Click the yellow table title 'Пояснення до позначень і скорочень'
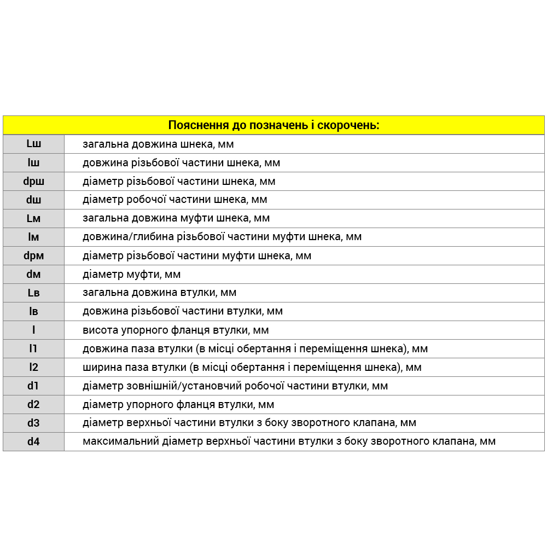click(x=273, y=125)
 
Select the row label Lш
click(x=33, y=144)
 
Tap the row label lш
click(x=33, y=162)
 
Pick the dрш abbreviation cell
click(x=33, y=181)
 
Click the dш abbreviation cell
click(x=33, y=200)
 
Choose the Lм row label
click(x=33, y=218)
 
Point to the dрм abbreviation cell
click(x=33, y=255)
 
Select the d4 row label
click(x=33, y=441)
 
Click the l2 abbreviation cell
click(x=33, y=367)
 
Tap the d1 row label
click(x=33, y=386)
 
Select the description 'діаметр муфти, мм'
click(x=131, y=274)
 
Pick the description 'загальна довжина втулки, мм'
click(x=159, y=293)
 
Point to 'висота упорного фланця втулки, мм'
click(x=176, y=330)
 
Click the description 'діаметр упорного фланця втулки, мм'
click(x=178, y=404)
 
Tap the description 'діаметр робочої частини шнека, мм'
click(x=174, y=200)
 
